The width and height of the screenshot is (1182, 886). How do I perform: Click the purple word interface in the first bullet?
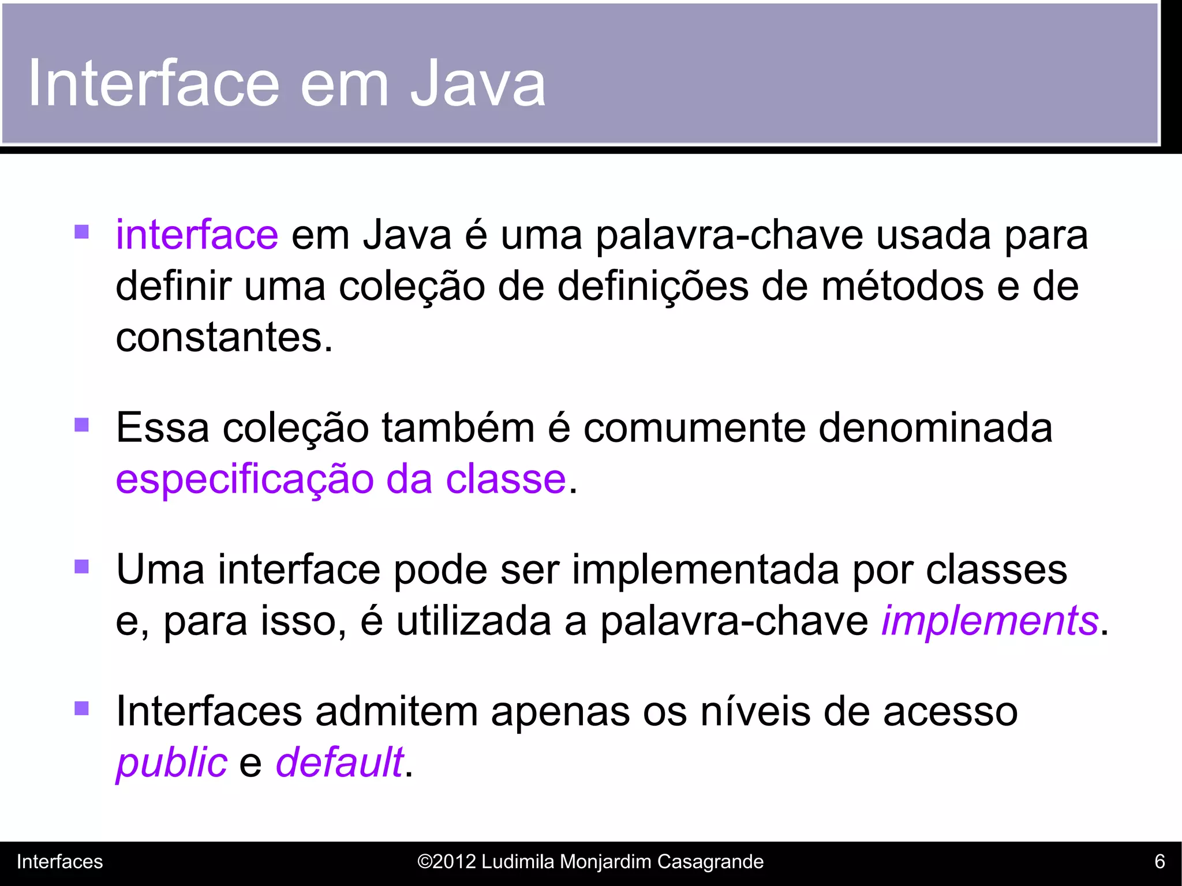coord(197,235)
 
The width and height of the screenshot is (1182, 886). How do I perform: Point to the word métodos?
coord(902,287)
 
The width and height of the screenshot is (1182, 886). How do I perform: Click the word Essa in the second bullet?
coord(162,428)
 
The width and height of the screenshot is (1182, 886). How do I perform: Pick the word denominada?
coord(935,428)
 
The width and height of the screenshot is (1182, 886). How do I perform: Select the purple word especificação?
coord(244,479)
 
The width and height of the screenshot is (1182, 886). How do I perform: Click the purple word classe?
coord(506,479)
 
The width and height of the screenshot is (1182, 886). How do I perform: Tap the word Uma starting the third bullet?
coord(160,570)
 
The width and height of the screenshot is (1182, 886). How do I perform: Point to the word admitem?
coord(397,711)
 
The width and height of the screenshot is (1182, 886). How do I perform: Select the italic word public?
coord(171,763)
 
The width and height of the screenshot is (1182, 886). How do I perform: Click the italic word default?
coord(339,763)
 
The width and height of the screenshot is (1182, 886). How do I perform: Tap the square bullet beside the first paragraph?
coord(82,232)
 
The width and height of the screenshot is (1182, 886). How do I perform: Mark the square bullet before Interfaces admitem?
coord(82,708)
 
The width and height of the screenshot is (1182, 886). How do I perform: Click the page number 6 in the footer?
coord(1159,862)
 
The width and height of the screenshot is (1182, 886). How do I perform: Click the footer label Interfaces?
coord(59,862)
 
